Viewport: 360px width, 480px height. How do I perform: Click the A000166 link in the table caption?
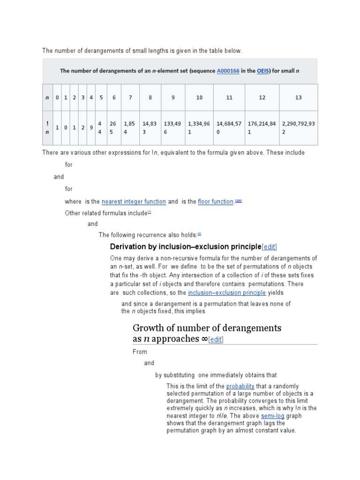(x=228, y=71)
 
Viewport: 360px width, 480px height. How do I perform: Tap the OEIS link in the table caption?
(x=262, y=71)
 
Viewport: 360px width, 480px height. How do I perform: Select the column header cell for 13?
(x=299, y=97)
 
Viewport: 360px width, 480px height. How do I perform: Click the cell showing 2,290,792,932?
(x=299, y=128)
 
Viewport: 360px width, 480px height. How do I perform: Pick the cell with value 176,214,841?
(x=262, y=128)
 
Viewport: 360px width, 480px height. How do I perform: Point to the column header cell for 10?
(x=199, y=97)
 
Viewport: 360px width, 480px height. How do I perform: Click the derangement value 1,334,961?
(x=199, y=128)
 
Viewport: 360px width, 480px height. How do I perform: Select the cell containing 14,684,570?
(x=229, y=128)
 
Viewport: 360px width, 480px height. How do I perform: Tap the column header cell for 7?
(x=130, y=97)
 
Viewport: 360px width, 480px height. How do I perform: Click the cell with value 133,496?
(x=172, y=128)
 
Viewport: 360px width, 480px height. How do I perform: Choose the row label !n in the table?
(x=47, y=128)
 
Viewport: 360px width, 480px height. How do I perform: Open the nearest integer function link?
(x=134, y=202)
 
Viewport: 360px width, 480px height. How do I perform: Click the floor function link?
(x=216, y=202)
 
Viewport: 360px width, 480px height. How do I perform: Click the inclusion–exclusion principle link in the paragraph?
(x=227, y=293)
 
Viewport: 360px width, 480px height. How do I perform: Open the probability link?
(x=240, y=386)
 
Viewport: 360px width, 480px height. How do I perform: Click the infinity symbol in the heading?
(x=204, y=339)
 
